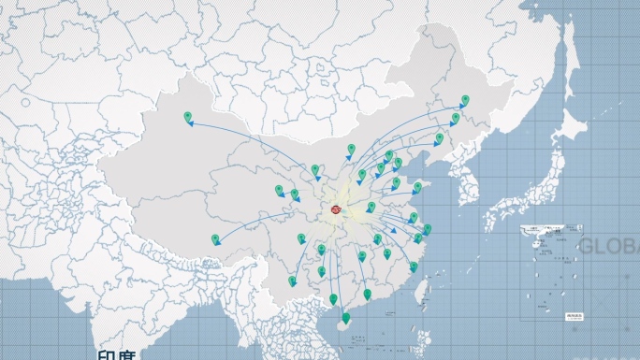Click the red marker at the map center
pos(336,211)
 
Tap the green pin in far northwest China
pos(188,117)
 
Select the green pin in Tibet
pos(215,239)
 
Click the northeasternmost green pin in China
pos(465,99)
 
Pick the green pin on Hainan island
pos(346,318)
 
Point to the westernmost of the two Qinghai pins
pos(279,190)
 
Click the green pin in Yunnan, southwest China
pos(292,281)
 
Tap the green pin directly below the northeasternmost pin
pos(456,119)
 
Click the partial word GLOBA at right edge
pos(608,246)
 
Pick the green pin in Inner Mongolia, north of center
pos(352,149)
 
